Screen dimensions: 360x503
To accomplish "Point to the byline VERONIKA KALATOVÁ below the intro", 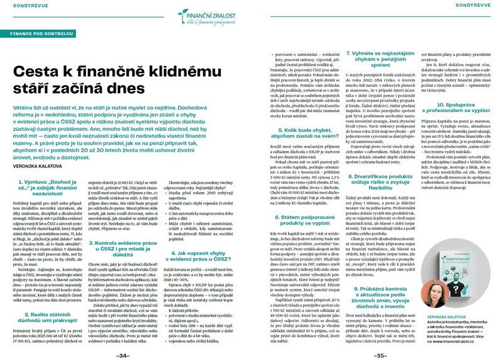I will tap(38, 167).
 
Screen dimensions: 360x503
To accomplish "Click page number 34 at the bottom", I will tap(125, 354).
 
